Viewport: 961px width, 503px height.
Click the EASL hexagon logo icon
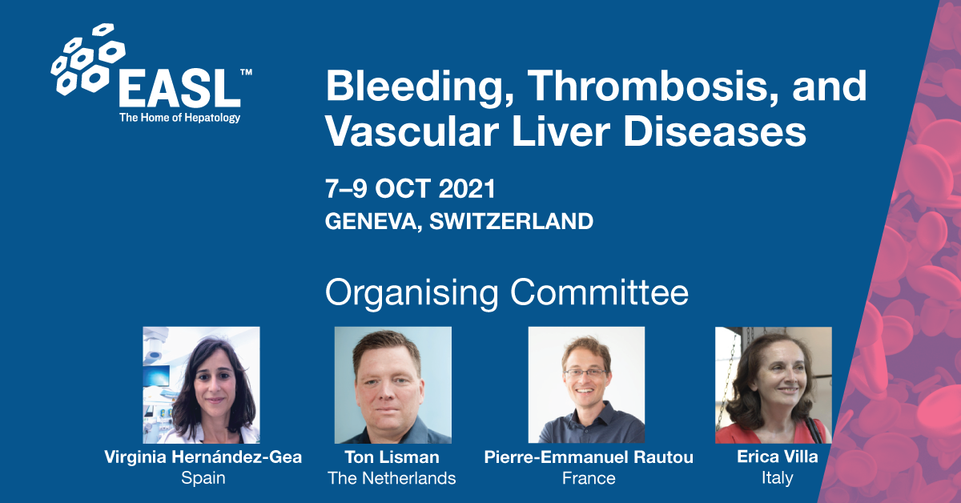[x=88, y=59]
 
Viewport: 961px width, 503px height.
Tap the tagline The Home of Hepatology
[x=179, y=118]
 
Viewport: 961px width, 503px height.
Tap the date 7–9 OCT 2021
[x=410, y=188]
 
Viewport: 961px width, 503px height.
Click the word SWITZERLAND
[x=512, y=221]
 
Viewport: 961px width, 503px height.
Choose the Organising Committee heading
[x=507, y=293]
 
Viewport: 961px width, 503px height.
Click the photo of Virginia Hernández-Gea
[x=201, y=385]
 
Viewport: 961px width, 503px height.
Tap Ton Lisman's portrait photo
[x=393, y=385]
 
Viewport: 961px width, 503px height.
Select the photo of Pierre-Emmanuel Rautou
[x=586, y=385]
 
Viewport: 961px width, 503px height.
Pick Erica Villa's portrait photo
[x=774, y=385]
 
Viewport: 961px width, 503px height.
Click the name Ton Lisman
[x=392, y=457]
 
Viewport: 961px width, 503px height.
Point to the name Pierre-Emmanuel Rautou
[x=589, y=457]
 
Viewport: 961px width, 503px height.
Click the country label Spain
[x=203, y=478]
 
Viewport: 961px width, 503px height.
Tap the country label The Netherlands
[x=392, y=478]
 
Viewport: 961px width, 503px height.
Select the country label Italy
[x=778, y=478]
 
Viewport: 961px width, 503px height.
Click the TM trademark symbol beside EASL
[x=247, y=72]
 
